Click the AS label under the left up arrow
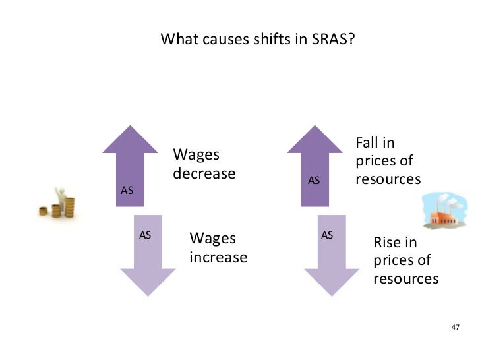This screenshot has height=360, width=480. tap(127, 190)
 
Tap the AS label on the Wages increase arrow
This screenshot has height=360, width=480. tap(146, 235)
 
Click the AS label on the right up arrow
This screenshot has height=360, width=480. tap(315, 180)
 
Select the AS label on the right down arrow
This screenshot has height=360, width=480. tap(327, 235)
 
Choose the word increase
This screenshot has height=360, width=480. tap(218, 257)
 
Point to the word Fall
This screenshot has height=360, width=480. tap(369, 142)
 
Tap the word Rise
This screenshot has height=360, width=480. tap(387, 242)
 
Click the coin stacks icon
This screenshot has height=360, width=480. tap(58, 202)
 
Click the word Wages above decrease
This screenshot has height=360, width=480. tap(196, 155)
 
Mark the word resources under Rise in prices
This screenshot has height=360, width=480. tap(405, 279)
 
